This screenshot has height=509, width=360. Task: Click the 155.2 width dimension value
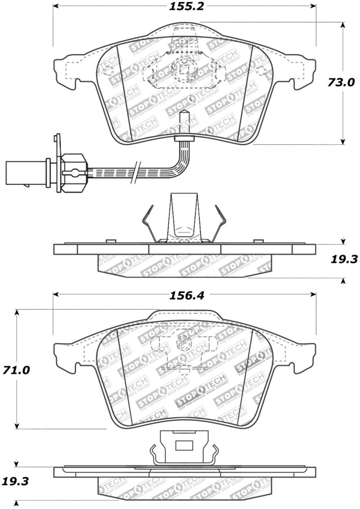point(184,7)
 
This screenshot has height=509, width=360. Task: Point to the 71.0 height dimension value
point(18,370)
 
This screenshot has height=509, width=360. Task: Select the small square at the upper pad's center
point(183,69)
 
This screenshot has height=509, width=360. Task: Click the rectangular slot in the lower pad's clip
point(183,445)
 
